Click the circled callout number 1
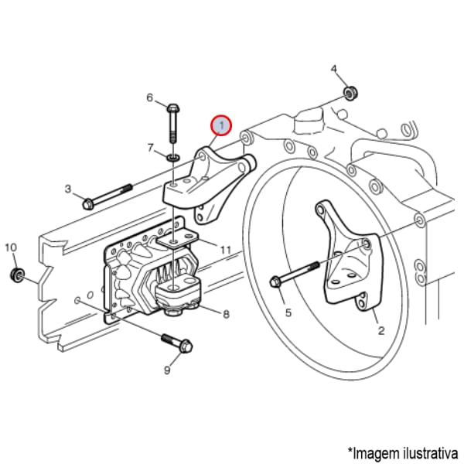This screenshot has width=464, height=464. click(x=221, y=124)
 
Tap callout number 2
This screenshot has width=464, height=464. click(x=380, y=330)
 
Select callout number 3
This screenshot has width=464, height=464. click(x=67, y=189)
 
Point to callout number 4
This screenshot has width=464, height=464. click(x=334, y=70)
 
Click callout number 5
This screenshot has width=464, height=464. click(x=288, y=312)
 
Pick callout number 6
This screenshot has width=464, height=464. click(x=150, y=97)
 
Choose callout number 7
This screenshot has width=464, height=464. click(x=151, y=147)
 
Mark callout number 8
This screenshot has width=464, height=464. click(x=226, y=314)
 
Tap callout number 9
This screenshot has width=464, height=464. click(x=166, y=370)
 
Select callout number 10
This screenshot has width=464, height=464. click(x=10, y=247)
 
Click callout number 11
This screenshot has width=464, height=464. click(x=225, y=250)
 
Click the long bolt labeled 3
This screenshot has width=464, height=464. click(x=108, y=196)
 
